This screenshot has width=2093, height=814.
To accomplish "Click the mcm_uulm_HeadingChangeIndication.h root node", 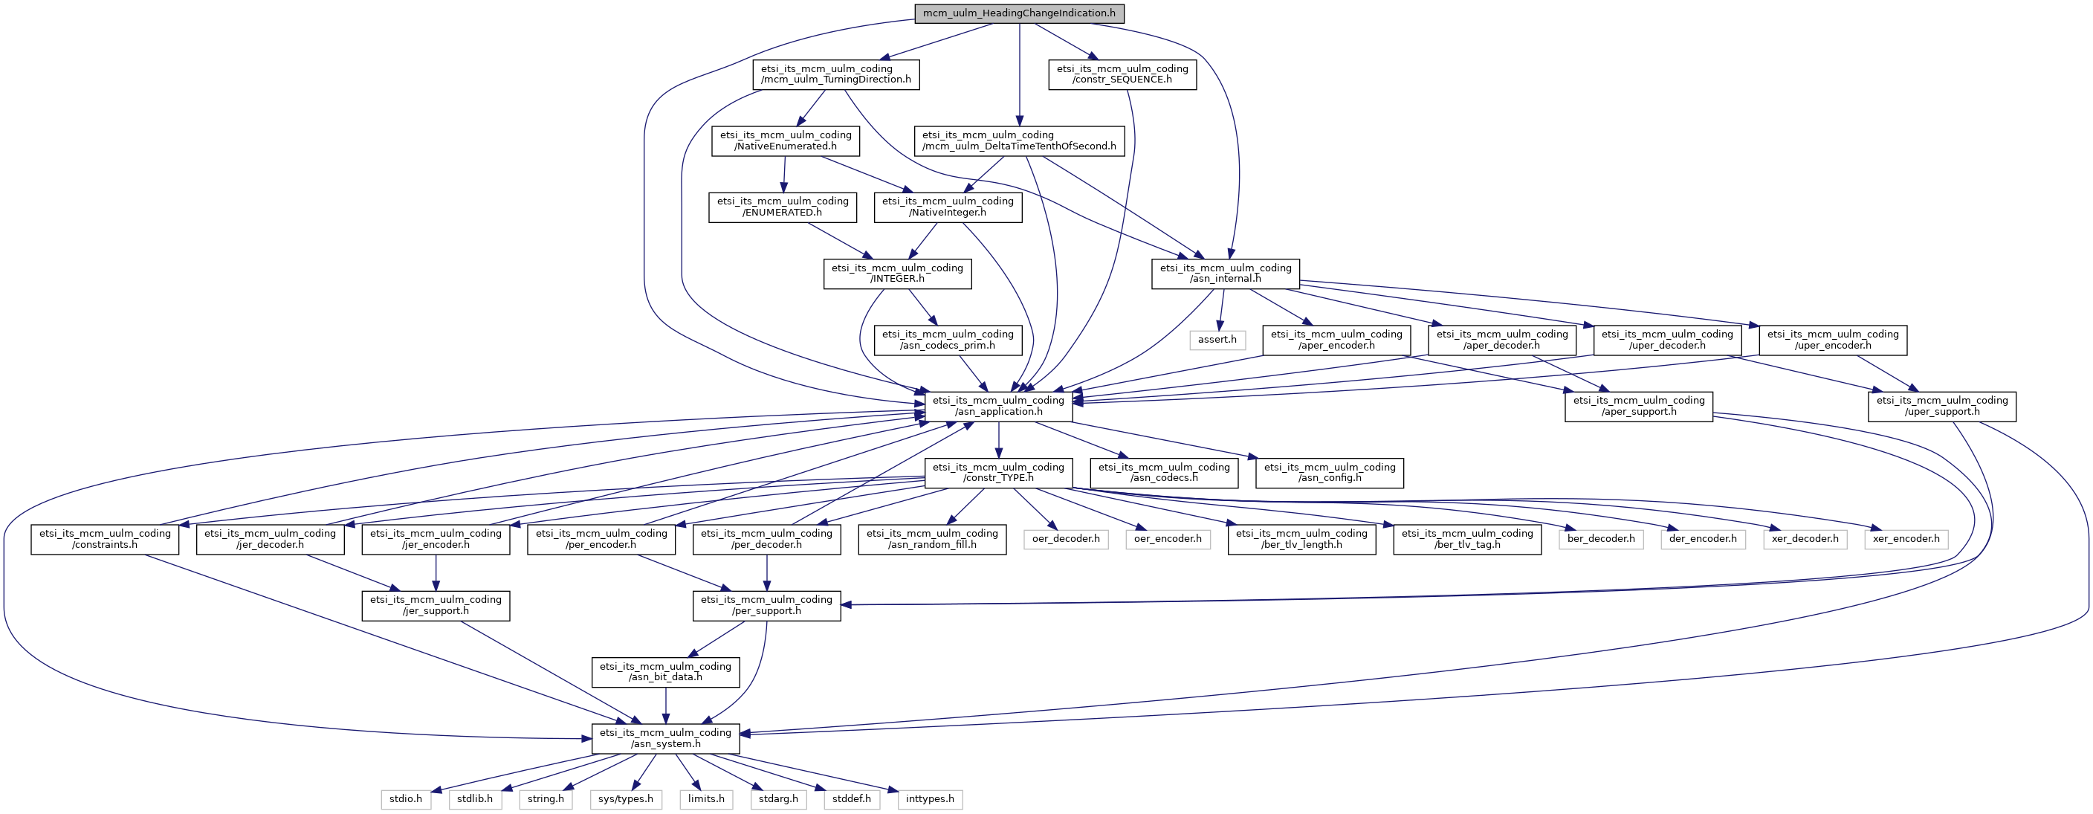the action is coord(1019,13).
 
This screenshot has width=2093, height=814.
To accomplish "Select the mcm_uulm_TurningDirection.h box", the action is coord(836,74).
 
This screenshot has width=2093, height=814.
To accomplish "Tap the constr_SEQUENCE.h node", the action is coord(1122,74).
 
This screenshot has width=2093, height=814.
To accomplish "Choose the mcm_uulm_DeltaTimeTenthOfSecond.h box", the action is coord(1019,140).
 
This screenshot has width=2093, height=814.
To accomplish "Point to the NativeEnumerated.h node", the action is coord(786,140).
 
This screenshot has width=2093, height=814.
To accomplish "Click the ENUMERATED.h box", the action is coord(783,207).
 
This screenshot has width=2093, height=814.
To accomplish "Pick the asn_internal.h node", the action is coord(1225,274).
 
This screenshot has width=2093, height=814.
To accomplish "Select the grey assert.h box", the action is coord(1217,340).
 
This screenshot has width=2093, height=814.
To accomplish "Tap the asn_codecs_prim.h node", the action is coord(948,340).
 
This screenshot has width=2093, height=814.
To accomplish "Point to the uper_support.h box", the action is coord(1942,406).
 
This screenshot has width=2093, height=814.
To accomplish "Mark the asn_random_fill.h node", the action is coord(932,540).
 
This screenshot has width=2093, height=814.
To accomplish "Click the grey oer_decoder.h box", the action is coord(1066,539).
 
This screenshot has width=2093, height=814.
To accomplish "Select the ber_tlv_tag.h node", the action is coord(1467,540).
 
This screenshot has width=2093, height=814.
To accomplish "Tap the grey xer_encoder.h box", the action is coord(1906,539).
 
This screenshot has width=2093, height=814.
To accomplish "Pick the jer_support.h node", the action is coord(436,606).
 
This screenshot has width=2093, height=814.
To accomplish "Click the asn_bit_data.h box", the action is coord(665,673).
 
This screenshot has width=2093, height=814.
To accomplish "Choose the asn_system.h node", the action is coord(665,738).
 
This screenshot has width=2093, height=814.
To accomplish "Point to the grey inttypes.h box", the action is coord(931,799).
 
